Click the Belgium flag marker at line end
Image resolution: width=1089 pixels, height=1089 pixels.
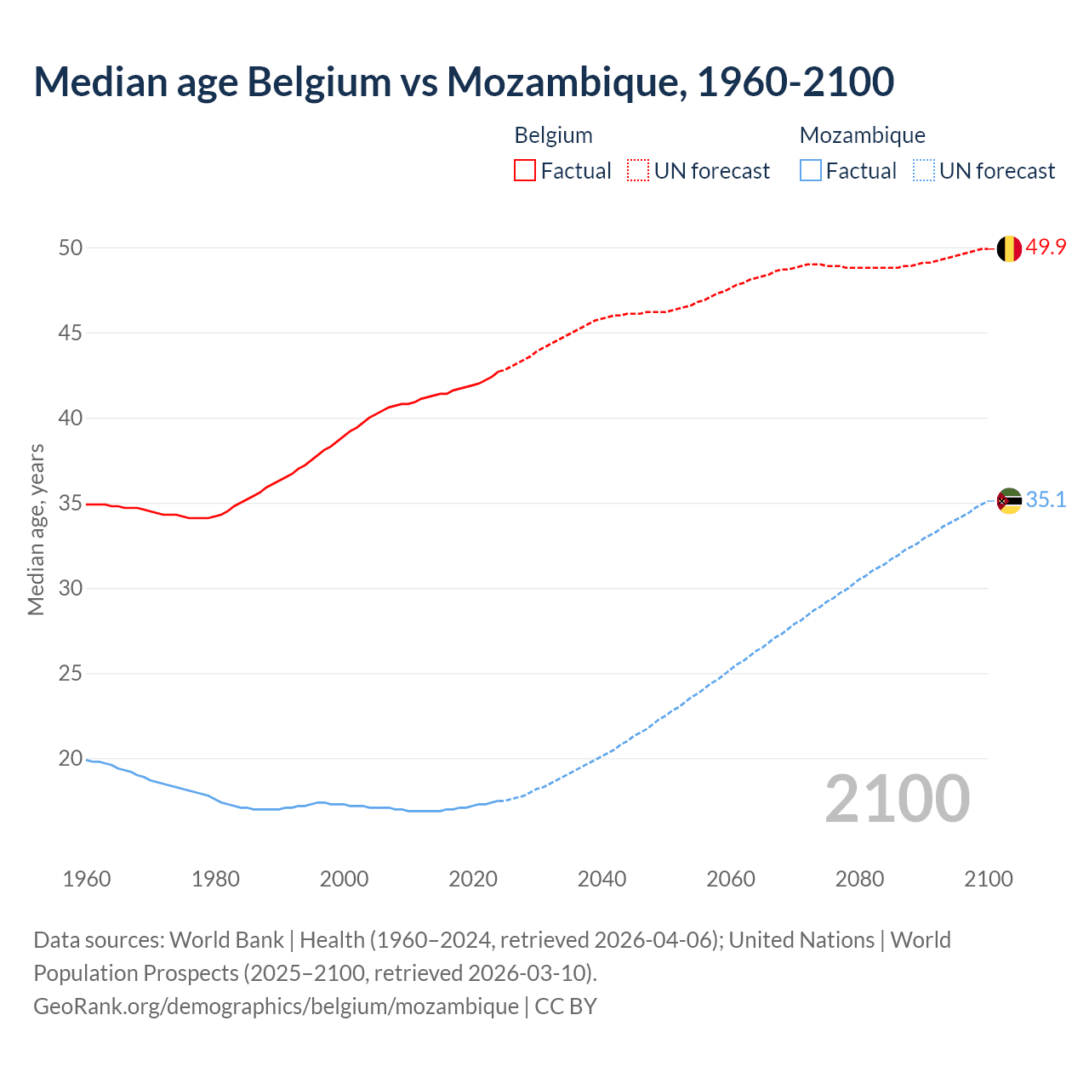[1009, 248]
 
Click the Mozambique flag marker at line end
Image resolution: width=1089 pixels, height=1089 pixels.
[1009, 501]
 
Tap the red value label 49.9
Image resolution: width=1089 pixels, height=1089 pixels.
[1046, 248]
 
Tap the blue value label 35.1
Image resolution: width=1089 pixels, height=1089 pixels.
[1046, 500]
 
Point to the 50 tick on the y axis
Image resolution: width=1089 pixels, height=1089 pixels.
[71, 248]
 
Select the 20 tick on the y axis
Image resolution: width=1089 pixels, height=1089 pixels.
[71, 759]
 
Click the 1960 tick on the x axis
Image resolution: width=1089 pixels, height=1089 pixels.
[87, 879]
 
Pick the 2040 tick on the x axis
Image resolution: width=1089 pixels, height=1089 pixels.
[602, 879]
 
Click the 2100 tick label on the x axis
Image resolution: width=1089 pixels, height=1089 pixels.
[988, 879]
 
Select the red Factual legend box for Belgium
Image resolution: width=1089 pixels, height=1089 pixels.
[525, 171]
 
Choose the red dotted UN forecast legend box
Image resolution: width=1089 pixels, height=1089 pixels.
[638, 171]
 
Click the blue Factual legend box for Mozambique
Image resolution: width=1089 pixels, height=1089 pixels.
[811, 171]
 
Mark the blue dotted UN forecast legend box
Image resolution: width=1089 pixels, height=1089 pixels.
[924, 171]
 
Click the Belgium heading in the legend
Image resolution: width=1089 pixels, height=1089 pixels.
[553, 136]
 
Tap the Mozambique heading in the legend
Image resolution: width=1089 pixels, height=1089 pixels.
[862, 136]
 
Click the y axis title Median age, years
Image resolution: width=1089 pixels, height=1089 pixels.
[36, 529]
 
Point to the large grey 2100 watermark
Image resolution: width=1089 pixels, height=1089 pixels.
[897, 799]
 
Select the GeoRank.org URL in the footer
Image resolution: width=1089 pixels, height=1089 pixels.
[276, 1006]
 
